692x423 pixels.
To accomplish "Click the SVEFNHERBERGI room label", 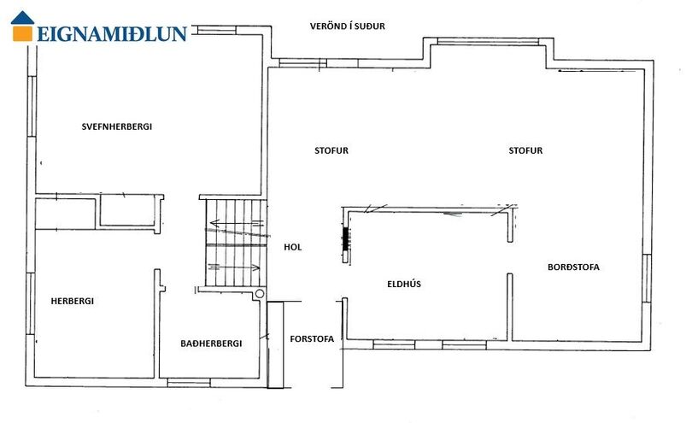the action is (117, 126).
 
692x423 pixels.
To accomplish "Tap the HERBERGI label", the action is (73, 301).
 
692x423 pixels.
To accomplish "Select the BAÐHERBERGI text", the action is (211, 344).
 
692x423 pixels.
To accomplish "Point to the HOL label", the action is (293, 247).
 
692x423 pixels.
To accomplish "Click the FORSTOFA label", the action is (312, 339).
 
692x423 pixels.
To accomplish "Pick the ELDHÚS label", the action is (404, 284).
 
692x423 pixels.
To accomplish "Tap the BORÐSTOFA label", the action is (574, 267).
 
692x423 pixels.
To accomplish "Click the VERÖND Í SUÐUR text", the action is (348, 26).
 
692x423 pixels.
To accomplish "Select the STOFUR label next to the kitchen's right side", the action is (525, 150).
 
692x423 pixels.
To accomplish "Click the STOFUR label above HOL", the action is (331, 150).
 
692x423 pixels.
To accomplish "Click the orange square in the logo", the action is (22, 33).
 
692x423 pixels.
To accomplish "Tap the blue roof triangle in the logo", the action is (22, 18).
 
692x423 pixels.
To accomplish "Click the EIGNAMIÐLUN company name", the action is (112, 34).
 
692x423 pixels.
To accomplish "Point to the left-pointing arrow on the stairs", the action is (237, 222).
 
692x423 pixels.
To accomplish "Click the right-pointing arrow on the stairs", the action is (234, 267).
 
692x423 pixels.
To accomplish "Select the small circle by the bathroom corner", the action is (260, 294).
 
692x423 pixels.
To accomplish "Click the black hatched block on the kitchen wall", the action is (345, 239).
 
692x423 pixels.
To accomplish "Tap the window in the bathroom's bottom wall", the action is (189, 382).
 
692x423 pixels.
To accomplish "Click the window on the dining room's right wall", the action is (647, 279).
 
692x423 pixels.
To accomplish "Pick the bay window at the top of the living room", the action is (488, 42).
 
